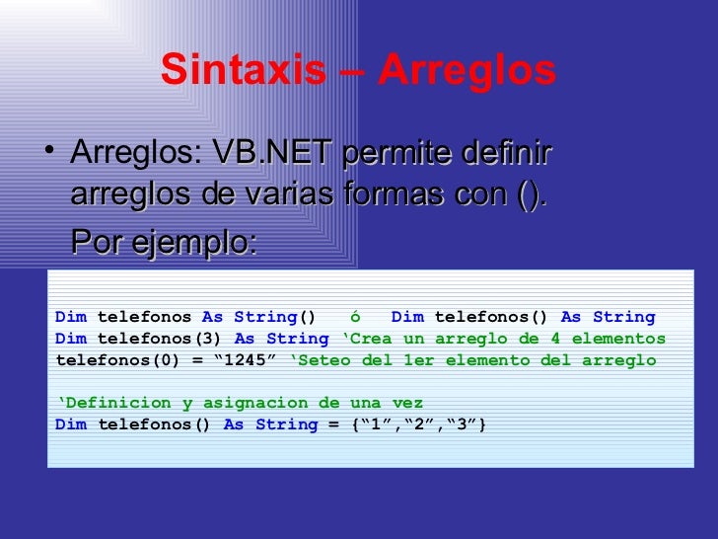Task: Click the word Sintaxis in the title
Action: (243, 70)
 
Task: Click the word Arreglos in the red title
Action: (467, 70)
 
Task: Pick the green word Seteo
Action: (324, 360)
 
